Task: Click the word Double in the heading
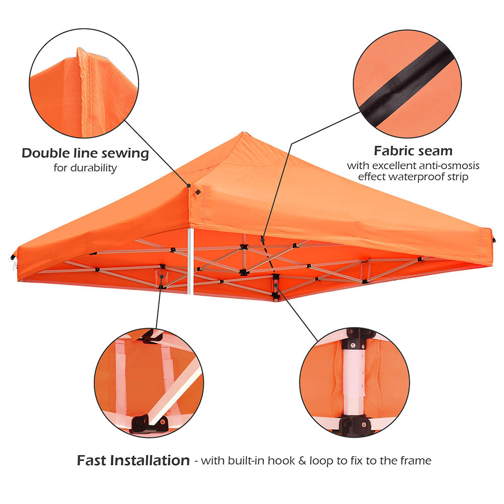(x=46, y=153)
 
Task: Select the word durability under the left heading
(x=94, y=168)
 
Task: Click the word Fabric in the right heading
(x=394, y=151)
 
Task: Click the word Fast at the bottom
(x=92, y=460)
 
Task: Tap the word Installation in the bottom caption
(x=150, y=460)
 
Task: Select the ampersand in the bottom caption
(x=302, y=461)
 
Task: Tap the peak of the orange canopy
(x=243, y=132)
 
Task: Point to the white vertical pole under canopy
(x=191, y=261)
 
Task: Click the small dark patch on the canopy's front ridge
(x=198, y=192)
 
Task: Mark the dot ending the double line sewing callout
(x=189, y=185)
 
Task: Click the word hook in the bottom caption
(x=281, y=461)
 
